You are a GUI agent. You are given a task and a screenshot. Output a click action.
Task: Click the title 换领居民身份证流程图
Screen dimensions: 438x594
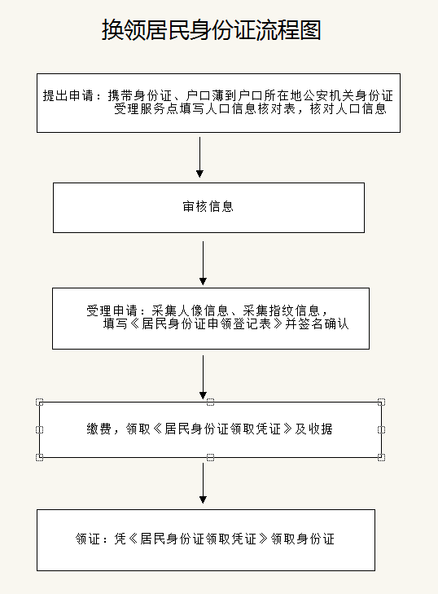(211, 30)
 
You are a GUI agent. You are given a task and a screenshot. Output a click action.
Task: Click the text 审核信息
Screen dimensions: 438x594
(208, 206)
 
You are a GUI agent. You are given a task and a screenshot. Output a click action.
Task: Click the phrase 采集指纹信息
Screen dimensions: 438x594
(281, 310)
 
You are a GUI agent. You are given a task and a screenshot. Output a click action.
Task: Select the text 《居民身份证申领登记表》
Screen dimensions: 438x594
(206, 324)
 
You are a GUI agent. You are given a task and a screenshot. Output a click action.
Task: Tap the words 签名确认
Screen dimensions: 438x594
(323, 324)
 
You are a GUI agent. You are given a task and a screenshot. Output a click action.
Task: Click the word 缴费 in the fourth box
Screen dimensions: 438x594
(99, 429)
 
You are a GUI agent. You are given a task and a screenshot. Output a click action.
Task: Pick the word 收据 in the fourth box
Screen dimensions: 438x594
(320, 429)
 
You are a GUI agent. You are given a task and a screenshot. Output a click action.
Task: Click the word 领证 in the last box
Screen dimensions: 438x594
(88, 539)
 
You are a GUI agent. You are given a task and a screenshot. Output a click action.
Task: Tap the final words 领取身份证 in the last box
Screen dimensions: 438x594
(303, 539)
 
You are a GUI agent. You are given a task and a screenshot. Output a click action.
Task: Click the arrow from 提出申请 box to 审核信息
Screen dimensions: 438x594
(200, 157)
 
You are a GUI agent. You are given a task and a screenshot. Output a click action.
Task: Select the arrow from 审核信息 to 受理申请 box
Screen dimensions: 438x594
(203, 263)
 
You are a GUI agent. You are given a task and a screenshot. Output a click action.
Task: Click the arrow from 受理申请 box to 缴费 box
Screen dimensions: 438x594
(203, 377)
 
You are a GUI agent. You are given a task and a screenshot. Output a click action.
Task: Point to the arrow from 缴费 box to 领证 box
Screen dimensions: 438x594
(203, 483)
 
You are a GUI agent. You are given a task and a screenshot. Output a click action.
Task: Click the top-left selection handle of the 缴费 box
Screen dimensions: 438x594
(39, 402)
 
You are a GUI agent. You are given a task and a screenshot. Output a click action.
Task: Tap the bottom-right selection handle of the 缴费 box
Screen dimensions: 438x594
(382, 457)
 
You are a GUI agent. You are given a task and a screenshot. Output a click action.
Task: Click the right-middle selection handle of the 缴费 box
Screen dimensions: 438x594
(382, 429)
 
